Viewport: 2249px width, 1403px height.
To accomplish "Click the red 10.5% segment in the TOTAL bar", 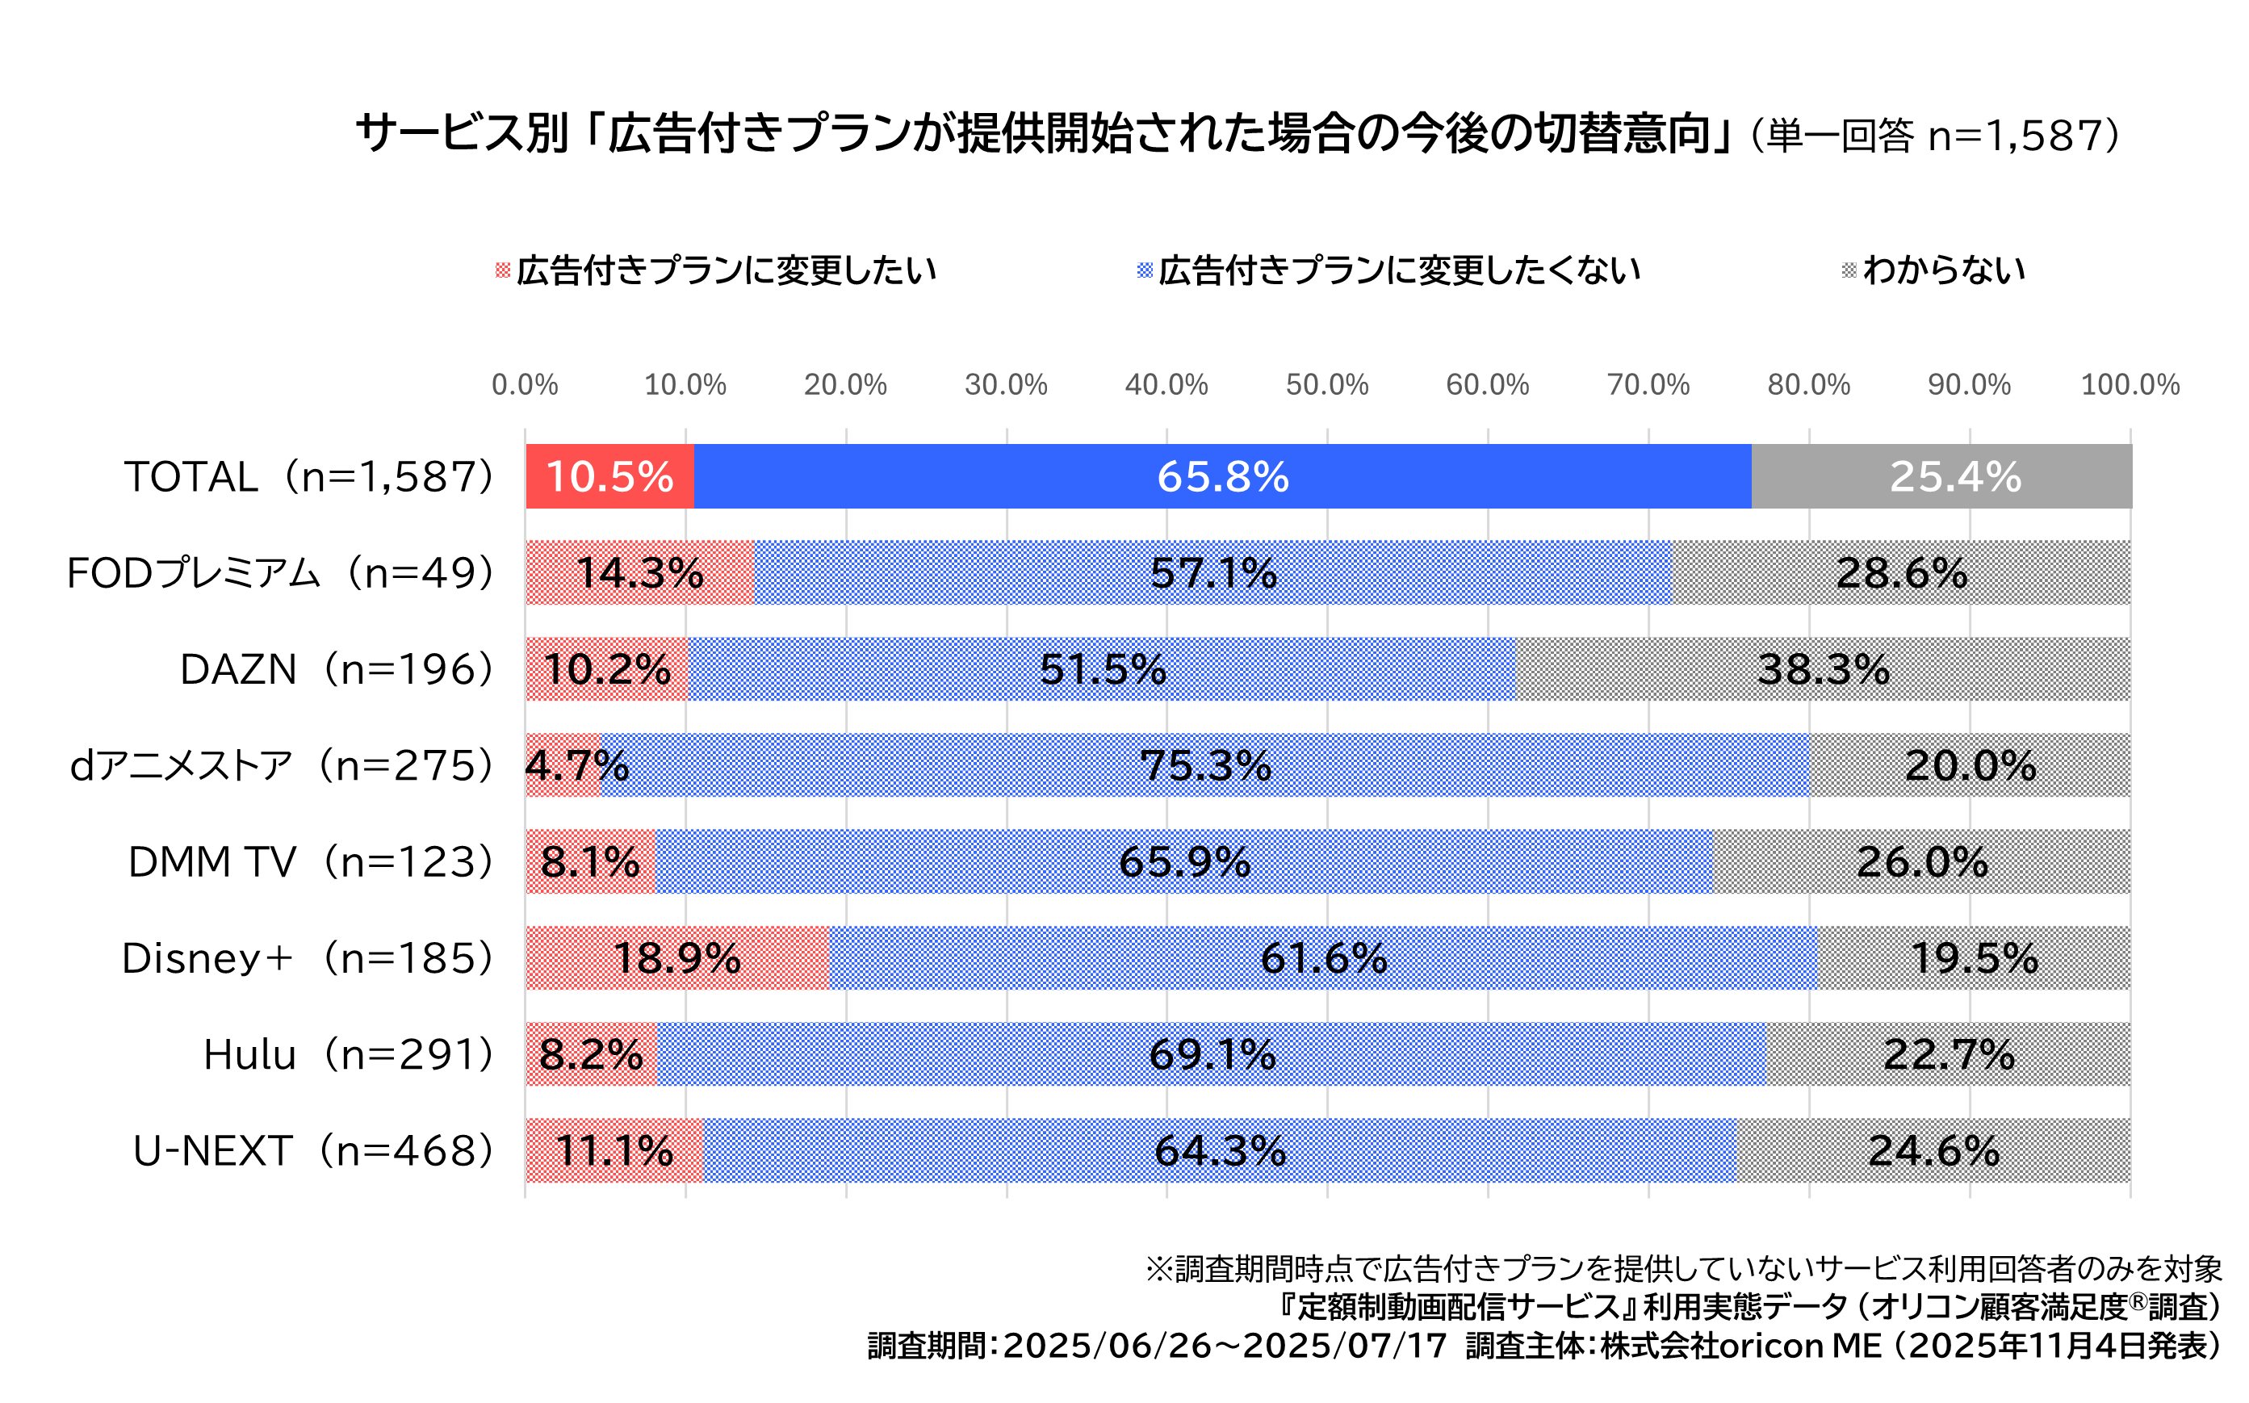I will [x=609, y=476].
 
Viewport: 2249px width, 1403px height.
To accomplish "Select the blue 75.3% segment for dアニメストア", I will [x=1205, y=765].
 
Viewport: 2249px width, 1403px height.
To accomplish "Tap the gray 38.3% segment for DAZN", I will [x=1822, y=669].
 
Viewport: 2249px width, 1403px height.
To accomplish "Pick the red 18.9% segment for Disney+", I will [x=677, y=957].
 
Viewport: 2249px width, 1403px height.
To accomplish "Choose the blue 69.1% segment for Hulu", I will [x=1211, y=1054].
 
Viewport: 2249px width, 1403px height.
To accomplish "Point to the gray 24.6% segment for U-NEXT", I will [x=1933, y=1150].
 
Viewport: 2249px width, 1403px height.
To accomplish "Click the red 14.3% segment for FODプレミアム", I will [x=640, y=572].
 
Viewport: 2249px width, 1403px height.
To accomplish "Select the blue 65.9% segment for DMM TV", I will [x=1184, y=862].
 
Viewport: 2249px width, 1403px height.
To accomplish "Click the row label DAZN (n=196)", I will [x=337, y=669].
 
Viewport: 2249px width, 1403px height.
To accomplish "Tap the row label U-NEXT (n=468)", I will [x=313, y=1150].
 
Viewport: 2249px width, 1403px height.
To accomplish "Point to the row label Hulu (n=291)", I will [x=349, y=1054].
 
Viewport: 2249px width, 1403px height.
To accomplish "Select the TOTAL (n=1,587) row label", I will [x=309, y=476].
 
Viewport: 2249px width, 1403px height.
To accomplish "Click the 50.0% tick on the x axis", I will [x=1327, y=384].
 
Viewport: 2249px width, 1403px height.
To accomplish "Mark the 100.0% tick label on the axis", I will [x=2130, y=384].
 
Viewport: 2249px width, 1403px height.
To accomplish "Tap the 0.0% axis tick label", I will [x=526, y=384].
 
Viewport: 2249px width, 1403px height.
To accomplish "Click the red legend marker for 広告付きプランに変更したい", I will [x=503, y=270].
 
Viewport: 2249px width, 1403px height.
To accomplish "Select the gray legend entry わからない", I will [x=1943, y=270].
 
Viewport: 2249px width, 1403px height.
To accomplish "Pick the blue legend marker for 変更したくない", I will [x=1145, y=270].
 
